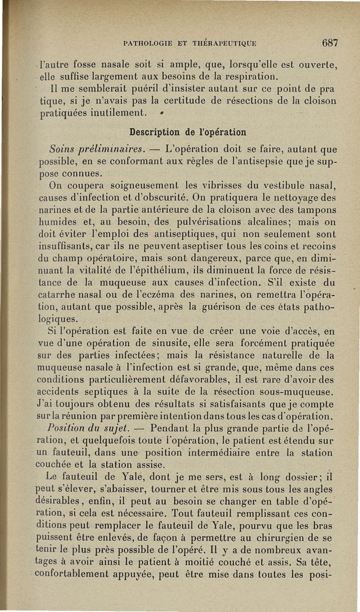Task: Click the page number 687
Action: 330,43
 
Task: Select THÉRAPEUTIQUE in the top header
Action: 226,44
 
